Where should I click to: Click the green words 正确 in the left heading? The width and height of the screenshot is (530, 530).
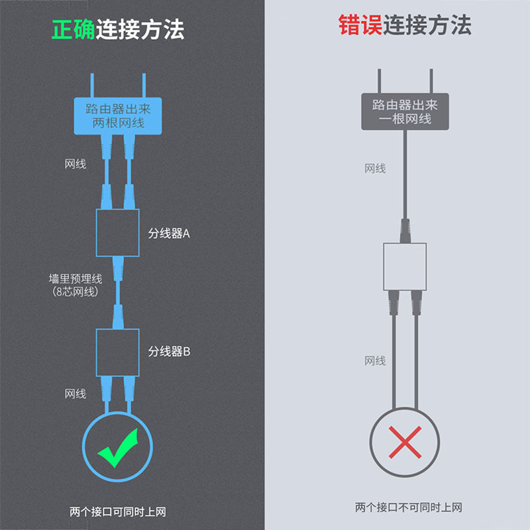pos(74,29)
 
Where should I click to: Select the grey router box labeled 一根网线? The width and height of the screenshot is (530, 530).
pos(404,111)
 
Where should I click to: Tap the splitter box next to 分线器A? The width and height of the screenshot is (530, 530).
pos(118,233)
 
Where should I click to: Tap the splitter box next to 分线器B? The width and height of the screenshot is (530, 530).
pos(118,350)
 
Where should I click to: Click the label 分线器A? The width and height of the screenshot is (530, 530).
pos(169,233)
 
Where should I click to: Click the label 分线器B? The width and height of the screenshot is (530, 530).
pos(169,351)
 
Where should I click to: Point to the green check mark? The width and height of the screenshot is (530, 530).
pos(118,447)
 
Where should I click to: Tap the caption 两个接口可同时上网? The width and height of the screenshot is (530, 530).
pos(117,511)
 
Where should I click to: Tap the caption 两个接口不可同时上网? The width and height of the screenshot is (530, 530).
pos(408,507)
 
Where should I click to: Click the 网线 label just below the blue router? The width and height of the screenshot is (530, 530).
pos(76,164)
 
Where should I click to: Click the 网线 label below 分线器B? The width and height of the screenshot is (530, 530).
pos(76,394)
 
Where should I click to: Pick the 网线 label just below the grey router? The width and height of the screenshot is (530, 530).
pos(375,168)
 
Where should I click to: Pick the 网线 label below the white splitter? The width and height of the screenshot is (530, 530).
pos(375,360)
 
